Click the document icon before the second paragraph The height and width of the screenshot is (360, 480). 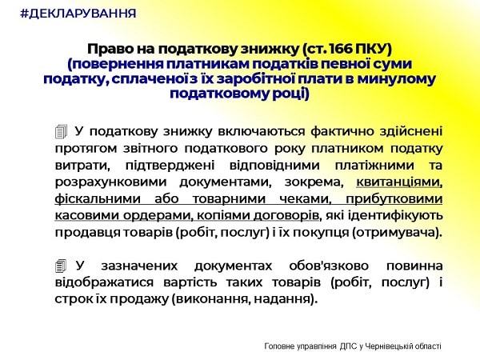pos(62,265)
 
